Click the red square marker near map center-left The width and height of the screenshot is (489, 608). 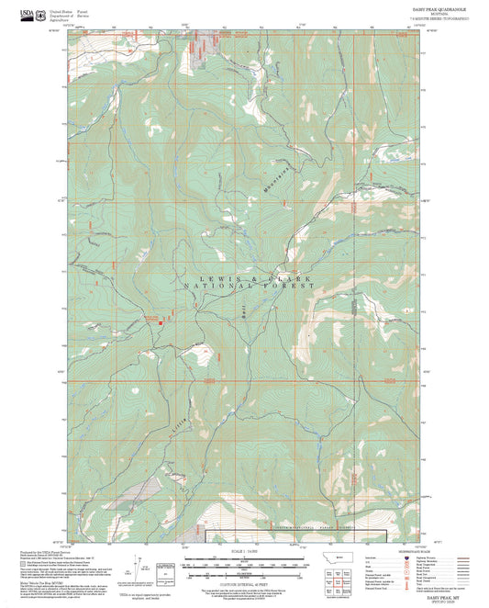[161, 322]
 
